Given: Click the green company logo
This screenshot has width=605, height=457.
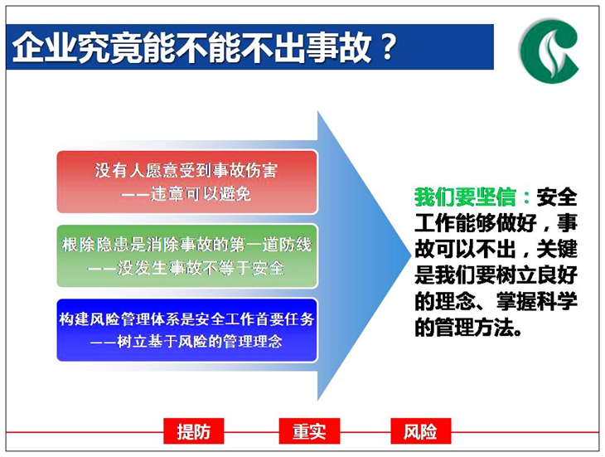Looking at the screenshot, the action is tap(549, 51).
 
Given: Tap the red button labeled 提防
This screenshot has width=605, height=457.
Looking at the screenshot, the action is tap(194, 431).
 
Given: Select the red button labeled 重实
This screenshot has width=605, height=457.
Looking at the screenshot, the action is tap(309, 431).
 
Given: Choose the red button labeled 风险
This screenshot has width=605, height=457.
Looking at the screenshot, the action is tap(420, 431).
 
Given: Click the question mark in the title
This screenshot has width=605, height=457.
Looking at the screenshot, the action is tap(387, 46).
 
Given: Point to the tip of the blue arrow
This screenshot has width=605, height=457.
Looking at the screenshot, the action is tap(411, 255).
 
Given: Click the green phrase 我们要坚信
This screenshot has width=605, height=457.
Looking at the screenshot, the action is tap(465, 197).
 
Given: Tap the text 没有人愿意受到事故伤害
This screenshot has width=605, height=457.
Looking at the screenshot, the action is tap(186, 170).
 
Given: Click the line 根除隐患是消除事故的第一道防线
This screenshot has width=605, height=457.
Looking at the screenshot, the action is tap(186, 245).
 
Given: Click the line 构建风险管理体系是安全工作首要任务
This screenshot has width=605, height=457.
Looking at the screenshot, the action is tap(186, 318).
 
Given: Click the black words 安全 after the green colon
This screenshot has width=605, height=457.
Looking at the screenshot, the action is tap(557, 197).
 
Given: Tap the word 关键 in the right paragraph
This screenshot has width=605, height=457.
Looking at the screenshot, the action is tap(557, 249).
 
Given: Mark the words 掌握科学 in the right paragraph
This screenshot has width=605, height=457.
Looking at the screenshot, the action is tap(537, 301).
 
